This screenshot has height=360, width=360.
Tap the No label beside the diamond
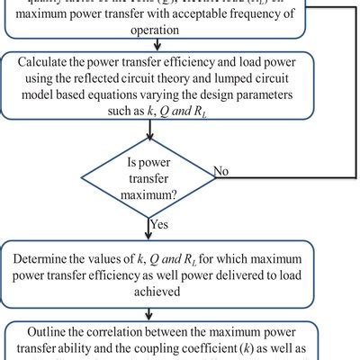pyautogui.click(x=220, y=169)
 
